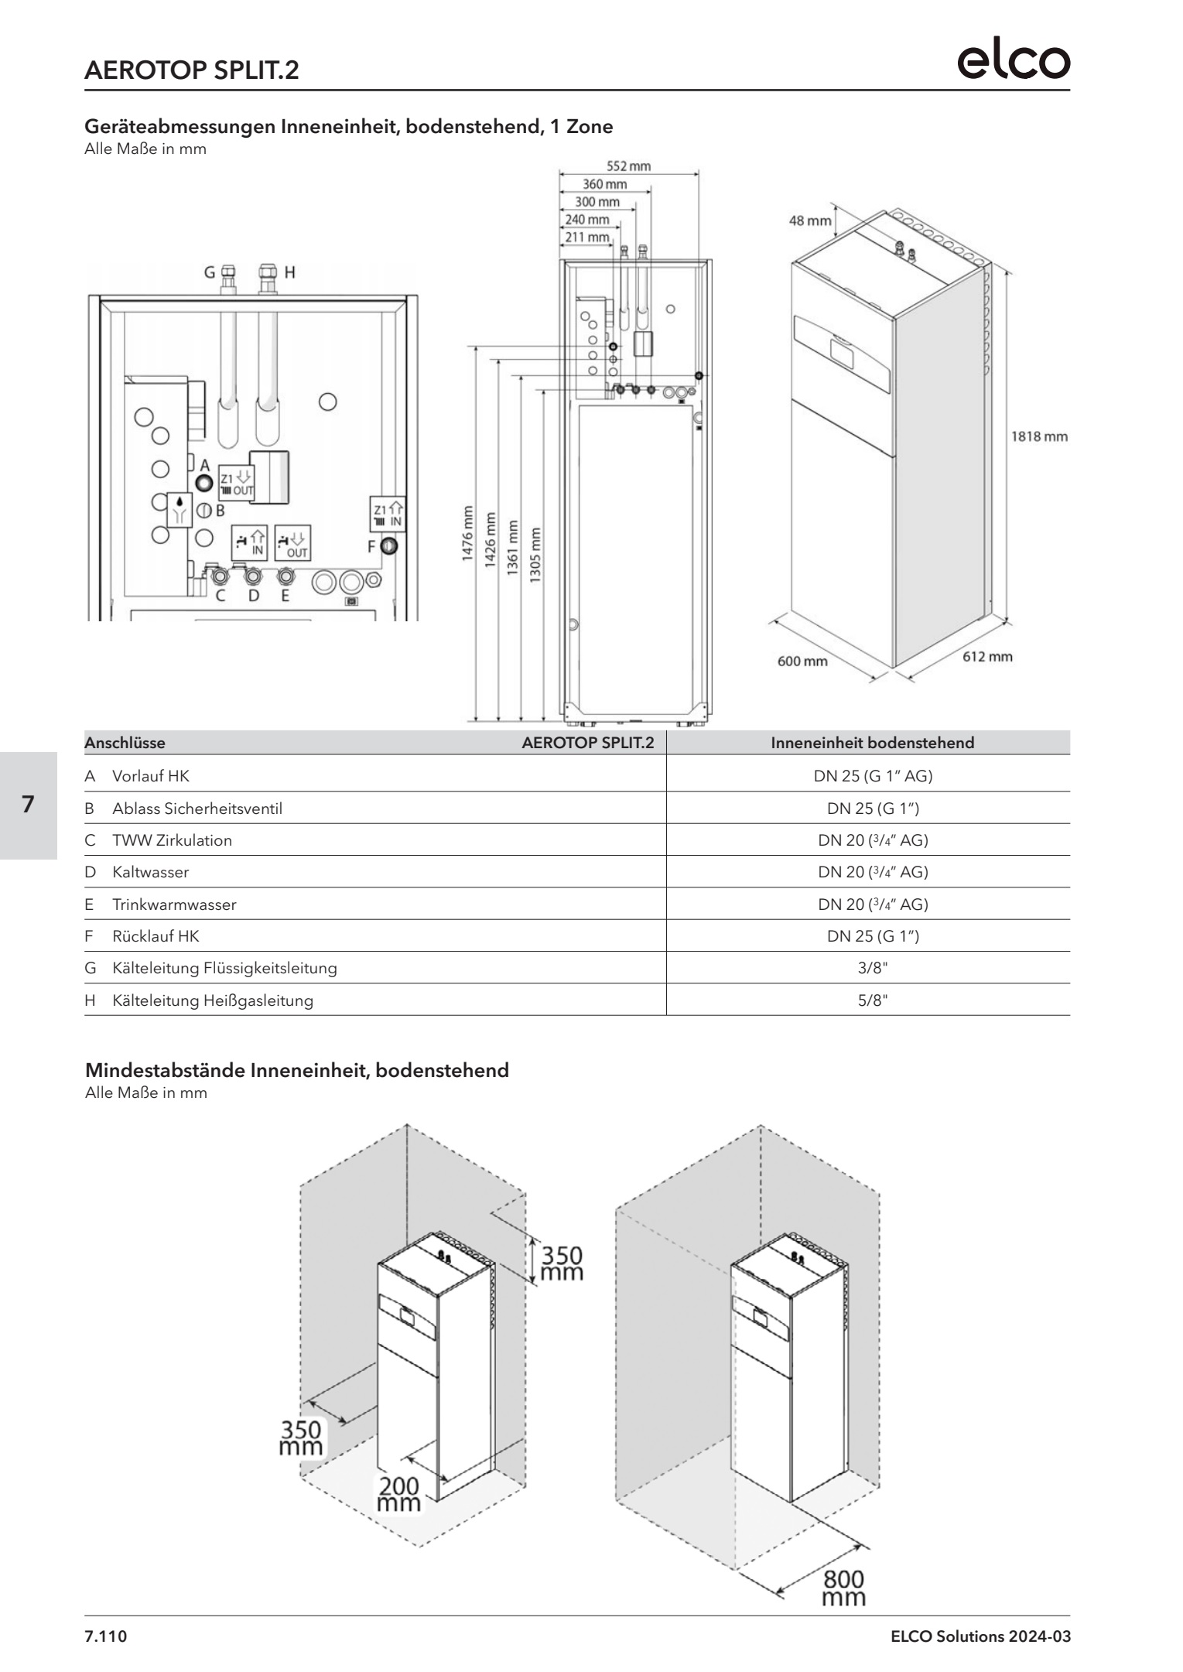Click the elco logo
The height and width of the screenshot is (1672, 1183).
coord(1014,61)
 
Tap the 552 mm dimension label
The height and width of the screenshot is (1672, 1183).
coord(627,166)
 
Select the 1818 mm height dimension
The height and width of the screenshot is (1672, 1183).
coord(1039,436)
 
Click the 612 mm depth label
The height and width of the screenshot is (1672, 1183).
coord(986,657)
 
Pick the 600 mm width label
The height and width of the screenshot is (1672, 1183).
coord(802,662)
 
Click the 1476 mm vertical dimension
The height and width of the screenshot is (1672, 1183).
coord(468,535)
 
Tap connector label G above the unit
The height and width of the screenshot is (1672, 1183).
coord(209,272)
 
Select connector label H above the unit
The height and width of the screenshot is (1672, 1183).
coord(289,272)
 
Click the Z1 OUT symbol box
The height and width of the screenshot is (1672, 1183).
coord(235,483)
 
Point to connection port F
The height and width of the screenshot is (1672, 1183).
coord(389,547)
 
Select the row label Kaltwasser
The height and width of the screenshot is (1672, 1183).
coord(150,872)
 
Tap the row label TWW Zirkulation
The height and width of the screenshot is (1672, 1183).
coord(172,840)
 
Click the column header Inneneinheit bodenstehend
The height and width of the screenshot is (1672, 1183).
coord(872,743)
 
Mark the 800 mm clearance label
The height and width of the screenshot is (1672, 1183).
coord(843,1588)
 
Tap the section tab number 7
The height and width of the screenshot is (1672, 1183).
coord(28,805)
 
